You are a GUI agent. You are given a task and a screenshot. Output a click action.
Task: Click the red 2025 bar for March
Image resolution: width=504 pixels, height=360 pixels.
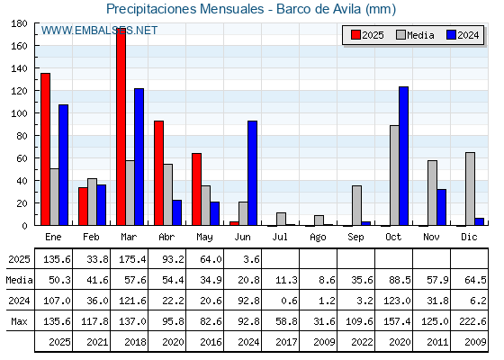[121, 127]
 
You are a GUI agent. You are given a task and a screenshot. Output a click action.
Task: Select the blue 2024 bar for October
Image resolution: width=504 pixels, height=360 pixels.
[404, 156]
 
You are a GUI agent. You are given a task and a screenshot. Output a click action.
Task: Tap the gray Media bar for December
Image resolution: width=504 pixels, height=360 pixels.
[470, 189]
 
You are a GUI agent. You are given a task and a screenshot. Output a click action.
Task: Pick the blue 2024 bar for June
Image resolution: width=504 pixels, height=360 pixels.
[252, 173]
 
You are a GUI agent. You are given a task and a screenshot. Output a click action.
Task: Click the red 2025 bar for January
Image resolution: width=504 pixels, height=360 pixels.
[45, 149]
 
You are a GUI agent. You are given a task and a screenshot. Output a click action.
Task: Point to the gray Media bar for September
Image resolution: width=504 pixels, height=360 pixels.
[356, 205]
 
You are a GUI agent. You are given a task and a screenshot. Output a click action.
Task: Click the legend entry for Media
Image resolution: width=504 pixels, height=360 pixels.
[416, 35]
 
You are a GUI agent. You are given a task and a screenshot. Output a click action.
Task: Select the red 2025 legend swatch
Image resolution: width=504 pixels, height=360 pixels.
[355, 35]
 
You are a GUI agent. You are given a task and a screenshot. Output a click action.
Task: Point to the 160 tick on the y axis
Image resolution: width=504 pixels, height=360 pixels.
[37, 46]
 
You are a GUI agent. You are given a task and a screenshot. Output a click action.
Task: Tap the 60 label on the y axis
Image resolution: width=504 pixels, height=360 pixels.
[22, 158]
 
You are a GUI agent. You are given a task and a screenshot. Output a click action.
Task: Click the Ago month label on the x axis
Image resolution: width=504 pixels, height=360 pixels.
[318, 238]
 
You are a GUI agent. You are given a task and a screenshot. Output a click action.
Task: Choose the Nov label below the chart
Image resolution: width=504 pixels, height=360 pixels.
[431, 237]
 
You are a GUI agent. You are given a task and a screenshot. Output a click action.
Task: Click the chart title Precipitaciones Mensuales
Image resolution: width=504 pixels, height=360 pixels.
[185, 9]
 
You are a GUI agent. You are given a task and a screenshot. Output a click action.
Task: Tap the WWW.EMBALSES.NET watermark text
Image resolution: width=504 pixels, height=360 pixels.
[99, 31]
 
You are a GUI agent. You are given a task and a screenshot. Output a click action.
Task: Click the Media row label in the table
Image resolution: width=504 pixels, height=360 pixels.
[19, 280]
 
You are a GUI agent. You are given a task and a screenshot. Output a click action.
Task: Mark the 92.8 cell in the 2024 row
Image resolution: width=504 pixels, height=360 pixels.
[248, 301]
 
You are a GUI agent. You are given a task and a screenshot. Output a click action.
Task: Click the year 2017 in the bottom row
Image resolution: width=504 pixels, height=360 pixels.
[286, 342]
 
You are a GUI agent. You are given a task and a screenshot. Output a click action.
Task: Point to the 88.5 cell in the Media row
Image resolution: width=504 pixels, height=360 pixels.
[400, 280]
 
